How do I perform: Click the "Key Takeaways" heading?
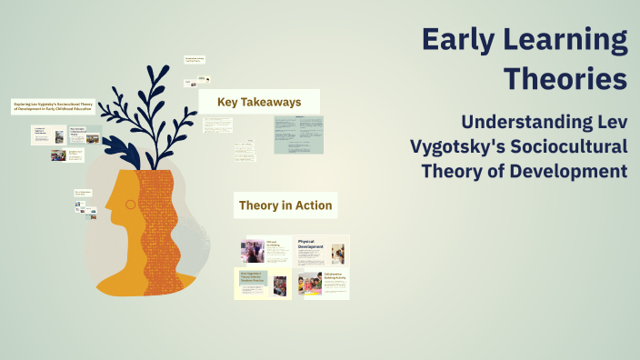click(x=259, y=102)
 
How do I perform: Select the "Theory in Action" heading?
click(x=285, y=205)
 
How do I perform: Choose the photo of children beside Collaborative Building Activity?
click(x=309, y=285)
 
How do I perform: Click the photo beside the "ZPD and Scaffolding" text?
click(x=252, y=251)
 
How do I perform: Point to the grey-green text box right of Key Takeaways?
click(x=298, y=135)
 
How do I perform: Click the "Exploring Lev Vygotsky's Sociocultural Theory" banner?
click(x=54, y=106)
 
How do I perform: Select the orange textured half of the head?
click(x=162, y=227)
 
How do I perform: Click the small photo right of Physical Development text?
click(x=337, y=253)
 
